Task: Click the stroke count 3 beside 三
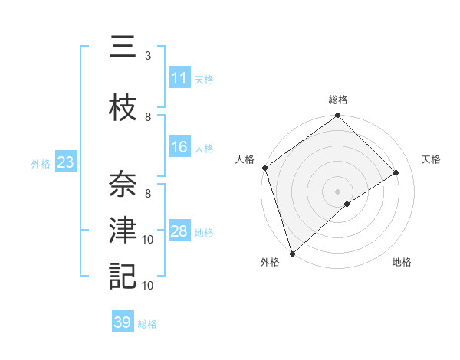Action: tap(147, 56)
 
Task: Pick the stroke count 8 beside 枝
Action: tap(148, 117)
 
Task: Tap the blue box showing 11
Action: tap(179, 78)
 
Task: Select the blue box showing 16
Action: tap(179, 147)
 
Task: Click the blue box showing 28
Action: tap(179, 231)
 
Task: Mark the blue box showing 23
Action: tap(64, 162)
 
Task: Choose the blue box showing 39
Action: tap(123, 322)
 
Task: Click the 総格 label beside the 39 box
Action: tap(147, 324)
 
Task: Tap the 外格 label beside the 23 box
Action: tap(40, 163)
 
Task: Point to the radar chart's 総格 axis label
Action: tap(338, 100)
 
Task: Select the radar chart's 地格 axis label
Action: tap(402, 262)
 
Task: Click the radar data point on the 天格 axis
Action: tap(396, 172)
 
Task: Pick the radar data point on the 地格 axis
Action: tap(347, 204)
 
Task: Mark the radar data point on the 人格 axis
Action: tap(264, 168)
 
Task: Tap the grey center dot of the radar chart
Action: tap(337, 191)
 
